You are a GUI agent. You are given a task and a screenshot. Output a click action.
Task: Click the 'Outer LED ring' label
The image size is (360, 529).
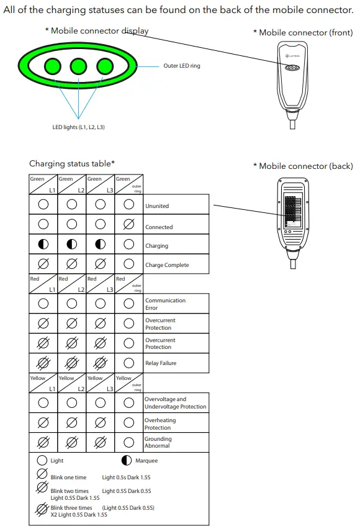click(x=182, y=66)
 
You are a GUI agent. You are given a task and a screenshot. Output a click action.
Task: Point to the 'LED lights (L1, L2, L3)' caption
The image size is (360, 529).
click(x=78, y=127)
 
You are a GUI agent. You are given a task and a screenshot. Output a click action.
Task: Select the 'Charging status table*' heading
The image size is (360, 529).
click(x=72, y=164)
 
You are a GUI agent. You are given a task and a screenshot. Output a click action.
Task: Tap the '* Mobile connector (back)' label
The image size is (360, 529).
click(x=303, y=166)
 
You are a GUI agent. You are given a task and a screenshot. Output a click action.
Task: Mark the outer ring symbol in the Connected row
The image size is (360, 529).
click(x=129, y=225)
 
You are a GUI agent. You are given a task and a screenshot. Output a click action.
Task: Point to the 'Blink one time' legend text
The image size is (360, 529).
click(x=68, y=477)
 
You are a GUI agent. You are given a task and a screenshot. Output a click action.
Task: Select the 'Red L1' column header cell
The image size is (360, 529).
click(x=43, y=284)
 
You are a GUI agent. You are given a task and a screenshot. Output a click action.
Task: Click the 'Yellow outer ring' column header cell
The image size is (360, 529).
click(x=129, y=382)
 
